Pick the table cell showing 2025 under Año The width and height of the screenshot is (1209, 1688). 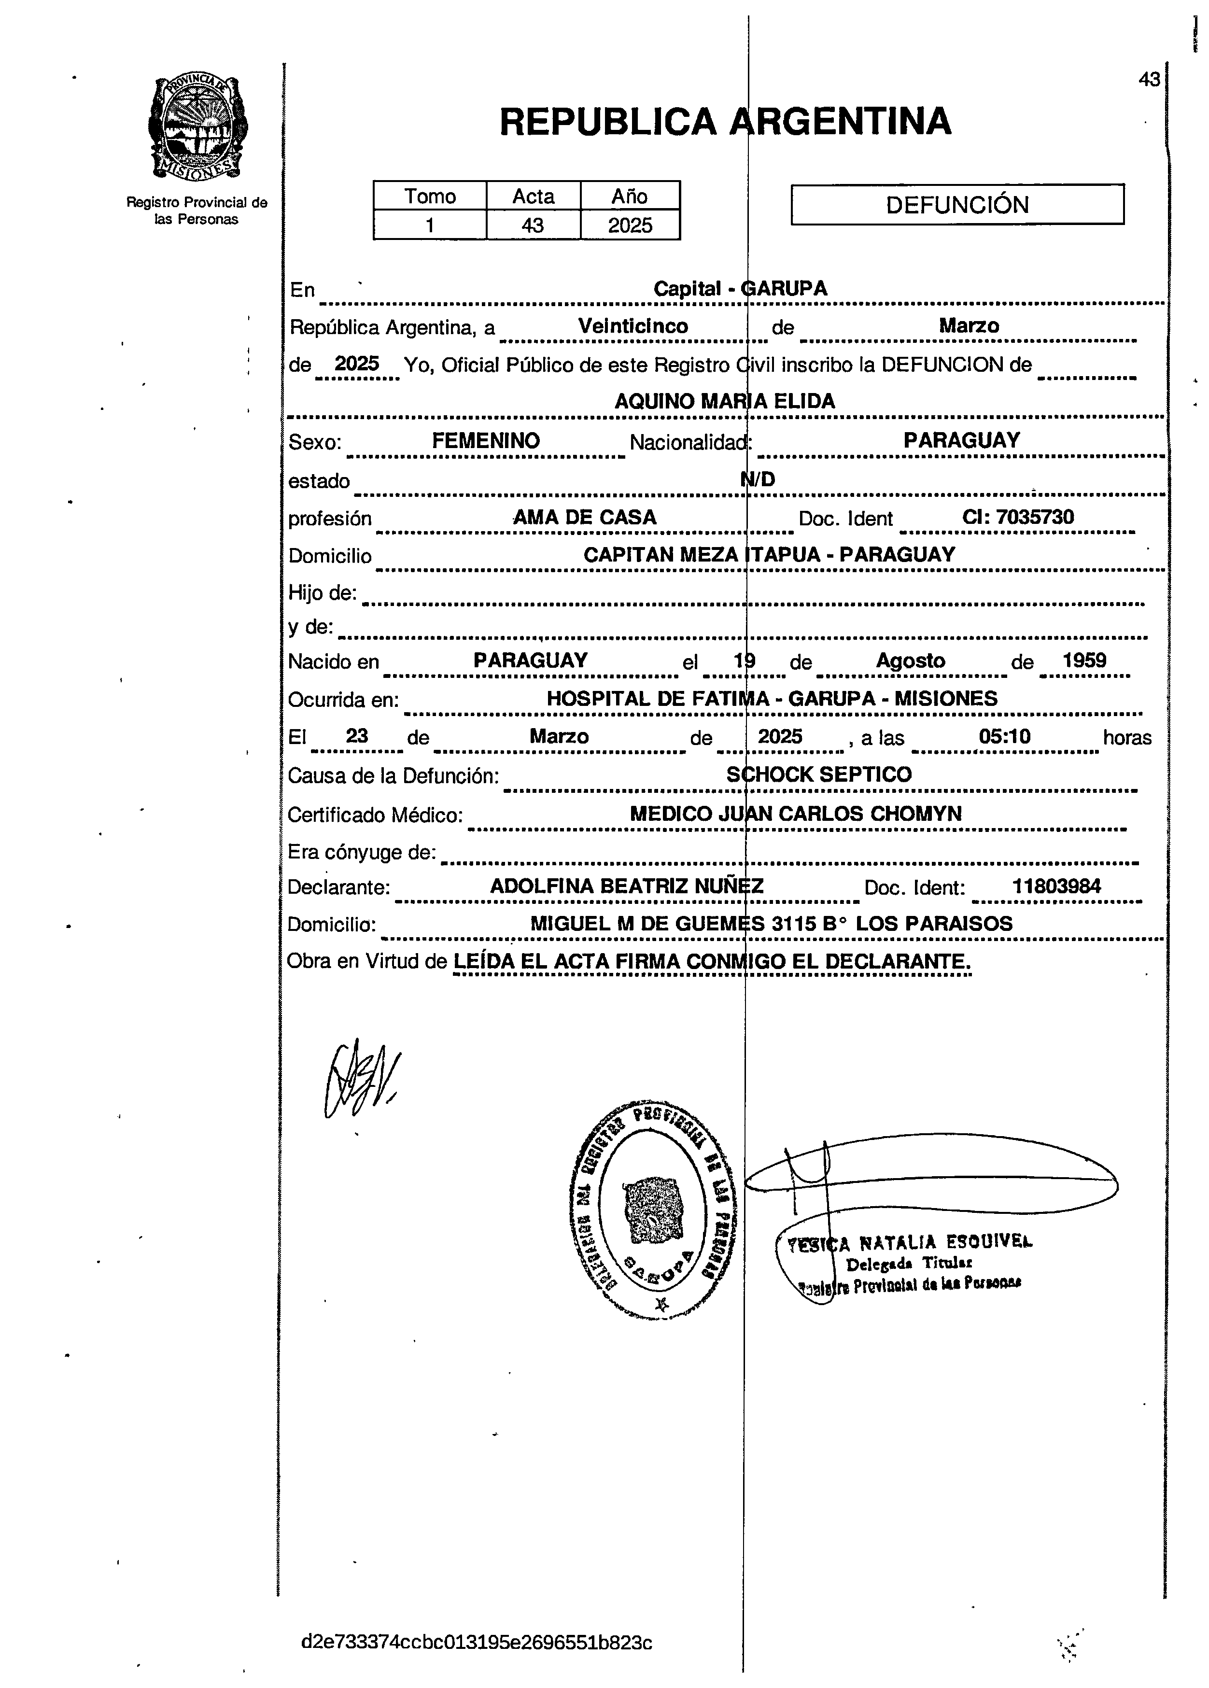(x=630, y=225)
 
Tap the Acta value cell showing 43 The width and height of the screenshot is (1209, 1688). (x=533, y=225)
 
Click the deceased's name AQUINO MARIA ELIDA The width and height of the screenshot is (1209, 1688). (x=724, y=401)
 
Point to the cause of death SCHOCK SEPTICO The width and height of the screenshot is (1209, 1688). (x=819, y=775)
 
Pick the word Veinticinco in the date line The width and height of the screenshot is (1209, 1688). (x=633, y=326)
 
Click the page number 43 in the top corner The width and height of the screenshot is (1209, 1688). (x=1149, y=80)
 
